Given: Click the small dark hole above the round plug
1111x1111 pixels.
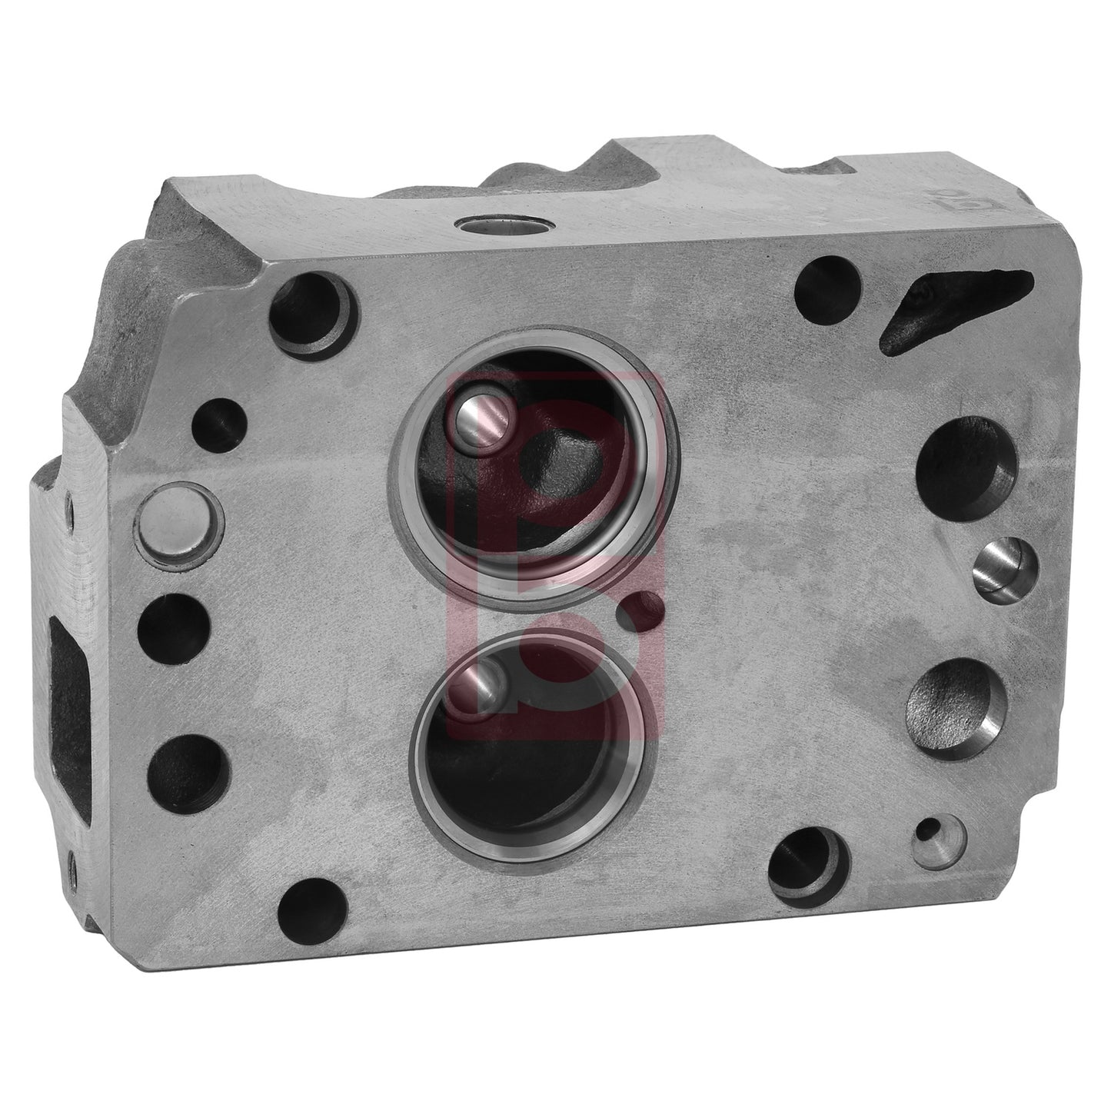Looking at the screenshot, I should pos(218,421).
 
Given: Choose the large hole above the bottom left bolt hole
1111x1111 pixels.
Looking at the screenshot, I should pos(189,767).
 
